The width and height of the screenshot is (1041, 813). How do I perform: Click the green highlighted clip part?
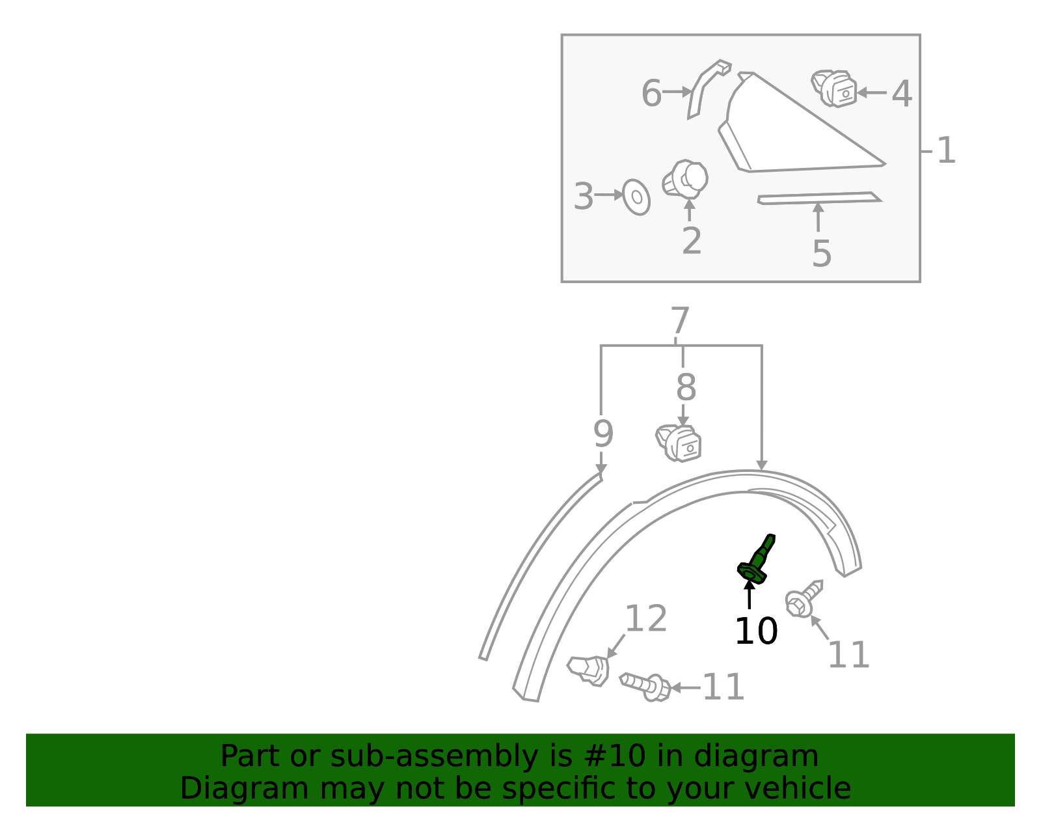(756, 560)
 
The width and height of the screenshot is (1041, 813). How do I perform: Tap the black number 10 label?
(755, 631)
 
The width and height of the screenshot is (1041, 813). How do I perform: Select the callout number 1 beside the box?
(945, 151)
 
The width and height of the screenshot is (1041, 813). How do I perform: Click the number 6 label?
(651, 93)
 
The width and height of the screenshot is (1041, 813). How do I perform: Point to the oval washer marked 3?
(636, 197)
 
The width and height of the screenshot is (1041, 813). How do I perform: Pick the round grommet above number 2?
(686, 179)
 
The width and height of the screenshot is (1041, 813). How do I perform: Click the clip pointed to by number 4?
(835, 88)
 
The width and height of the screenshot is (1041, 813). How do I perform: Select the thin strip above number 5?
(820, 198)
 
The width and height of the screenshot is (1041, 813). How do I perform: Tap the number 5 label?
(822, 253)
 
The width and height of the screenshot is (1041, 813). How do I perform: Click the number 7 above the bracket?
(680, 322)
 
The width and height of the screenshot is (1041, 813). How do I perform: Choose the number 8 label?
(686, 388)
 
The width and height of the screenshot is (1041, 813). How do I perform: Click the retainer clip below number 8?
(679, 443)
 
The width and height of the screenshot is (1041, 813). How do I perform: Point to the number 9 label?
(603, 434)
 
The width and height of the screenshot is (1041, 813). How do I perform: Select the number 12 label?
(645, 619)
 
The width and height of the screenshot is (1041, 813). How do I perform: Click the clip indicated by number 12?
(589, 670)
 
